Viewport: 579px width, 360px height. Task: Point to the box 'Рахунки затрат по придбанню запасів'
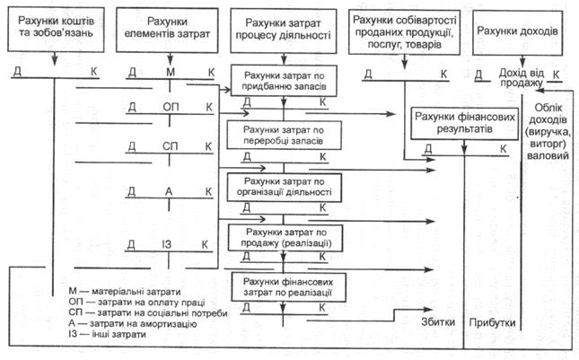point(284,81)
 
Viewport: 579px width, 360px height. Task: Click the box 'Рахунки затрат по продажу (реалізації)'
point(284,238)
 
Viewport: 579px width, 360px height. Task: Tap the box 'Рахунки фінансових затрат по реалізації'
point(284,287)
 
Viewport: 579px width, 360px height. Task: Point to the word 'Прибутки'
point(494,320)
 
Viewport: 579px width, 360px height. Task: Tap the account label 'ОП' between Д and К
point(170,107)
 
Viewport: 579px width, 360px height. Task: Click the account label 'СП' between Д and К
point(170,145)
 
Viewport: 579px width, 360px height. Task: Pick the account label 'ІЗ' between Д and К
point(170,244)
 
